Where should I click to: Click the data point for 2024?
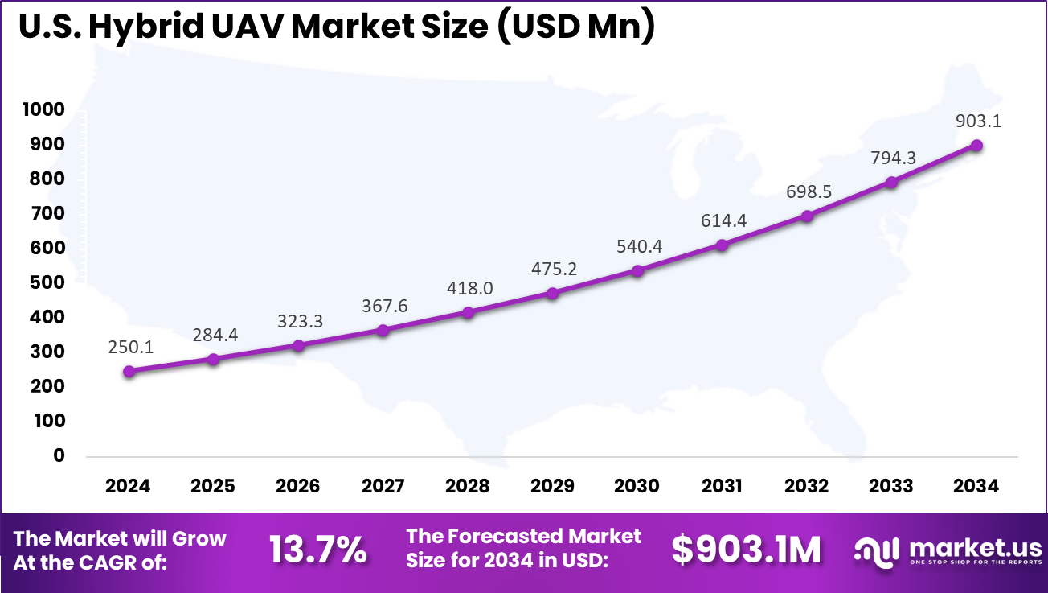click(x=129, y=371)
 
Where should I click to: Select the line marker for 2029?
click(x=552, y=294)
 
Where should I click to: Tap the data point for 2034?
click(x=976, y=145)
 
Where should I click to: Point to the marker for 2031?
click(x=722, y=245)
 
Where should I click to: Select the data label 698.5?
click(x=806, y=192)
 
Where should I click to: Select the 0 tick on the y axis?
click(x=59, y=455)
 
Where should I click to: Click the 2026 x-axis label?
click(x=297, y=486)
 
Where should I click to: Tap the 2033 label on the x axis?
click(x=891, y=486)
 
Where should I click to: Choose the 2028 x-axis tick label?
click(x=467, y=486)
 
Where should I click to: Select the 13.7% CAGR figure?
click(x=318, y=550)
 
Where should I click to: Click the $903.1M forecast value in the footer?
click(x=747, y=550)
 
